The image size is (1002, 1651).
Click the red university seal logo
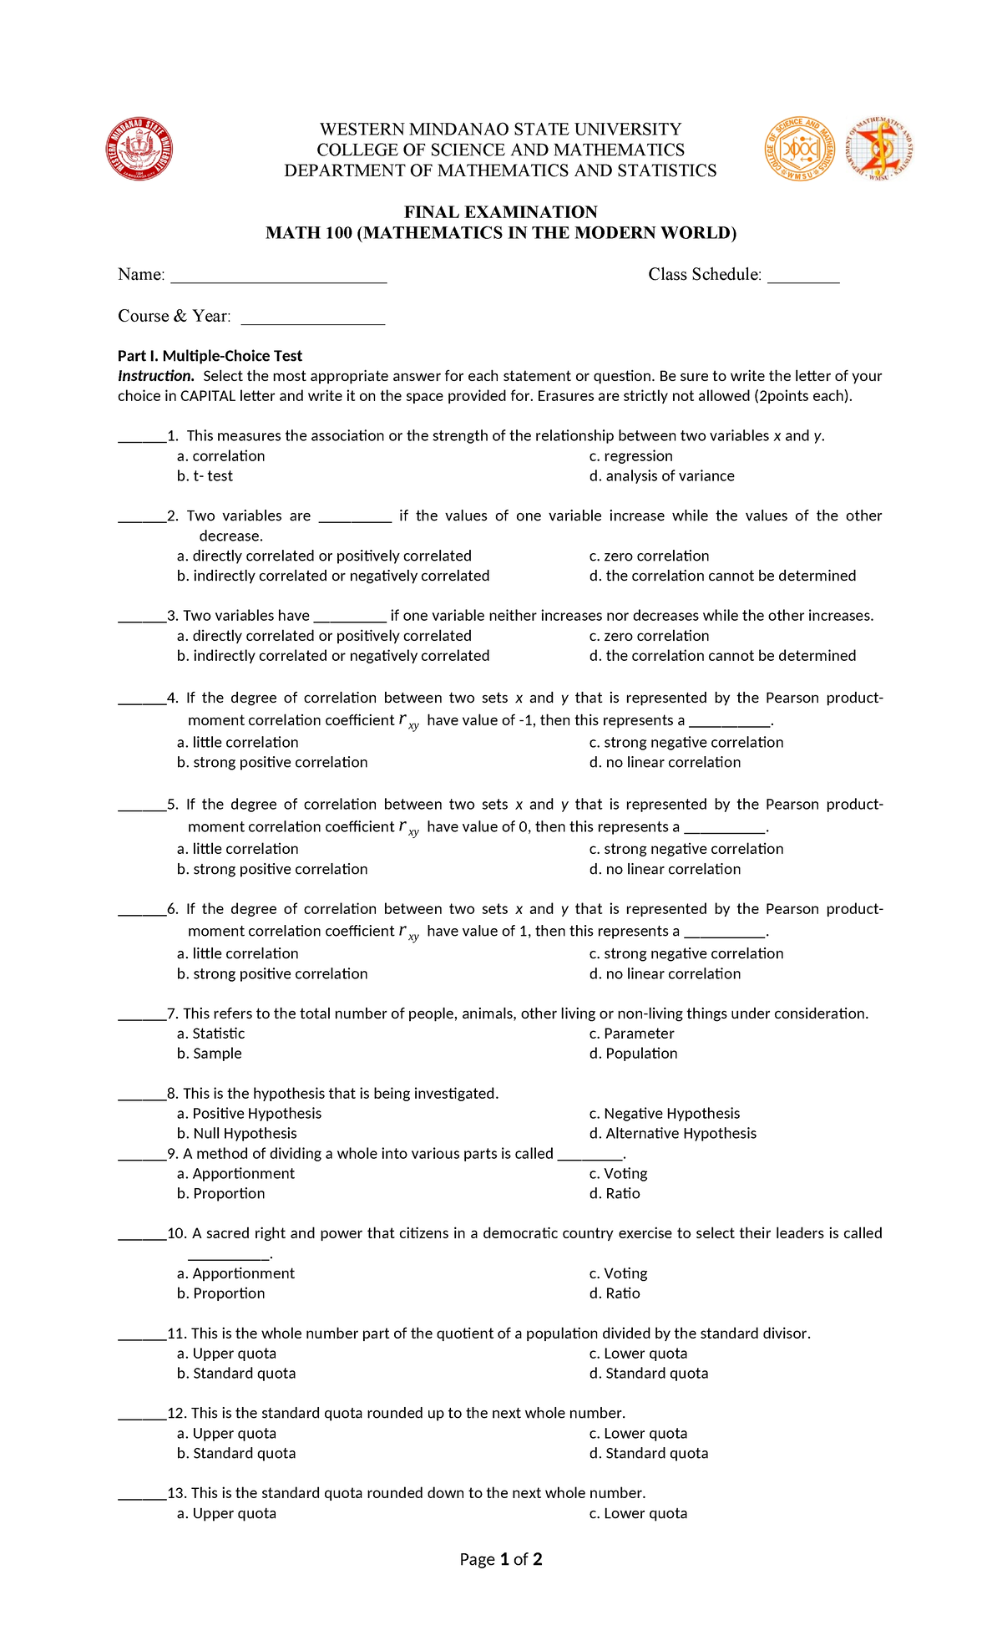(x=139, y=149)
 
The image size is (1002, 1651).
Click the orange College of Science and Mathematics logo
(x=800, y=149)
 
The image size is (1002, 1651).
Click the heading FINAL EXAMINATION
(x=500, y=212)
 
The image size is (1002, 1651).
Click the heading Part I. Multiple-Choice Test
(x=210, y=356)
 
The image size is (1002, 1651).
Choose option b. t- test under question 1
(x=205, y=476)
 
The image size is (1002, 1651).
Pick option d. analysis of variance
(x=661, y=476)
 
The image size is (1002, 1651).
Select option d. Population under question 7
(x=633, y=1054)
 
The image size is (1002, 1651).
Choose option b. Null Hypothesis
(x=237, y=1134)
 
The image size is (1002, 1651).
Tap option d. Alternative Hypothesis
(x=672, y=1134)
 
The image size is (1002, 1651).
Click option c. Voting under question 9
(x=618, y=1174)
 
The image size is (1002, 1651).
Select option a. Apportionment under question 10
(x=235, y=1273)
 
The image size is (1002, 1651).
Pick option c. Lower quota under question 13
(x=638, y=1513)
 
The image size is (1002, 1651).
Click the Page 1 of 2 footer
(x=501, y=1559)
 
